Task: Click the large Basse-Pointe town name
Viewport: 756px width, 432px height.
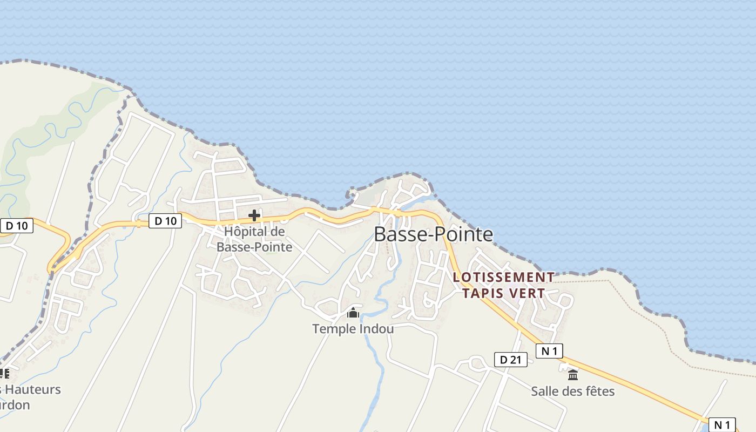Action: click(x=433, y=234)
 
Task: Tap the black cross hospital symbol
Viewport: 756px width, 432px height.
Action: click(x=254, y=216)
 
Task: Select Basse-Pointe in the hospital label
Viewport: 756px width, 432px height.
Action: click(x=254, y=247)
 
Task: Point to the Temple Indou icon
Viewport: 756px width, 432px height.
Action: click(x=353, y=313)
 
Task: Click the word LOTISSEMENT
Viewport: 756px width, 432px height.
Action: click(x=503, y=277)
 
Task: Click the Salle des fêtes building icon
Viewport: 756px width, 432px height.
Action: click(x=573, y=375)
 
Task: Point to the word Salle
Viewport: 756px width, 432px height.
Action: click(x=545, y=391)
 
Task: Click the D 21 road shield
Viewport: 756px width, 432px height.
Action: click(x=510, y=360)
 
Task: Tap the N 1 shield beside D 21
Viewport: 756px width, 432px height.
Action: click(x=549, y=351)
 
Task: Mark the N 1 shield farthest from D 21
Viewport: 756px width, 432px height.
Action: click(x=722, y=424)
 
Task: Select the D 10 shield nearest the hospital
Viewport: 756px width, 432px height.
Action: click(x=165, y=220)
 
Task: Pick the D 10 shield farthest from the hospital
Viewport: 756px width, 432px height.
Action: click(x=16, y=226)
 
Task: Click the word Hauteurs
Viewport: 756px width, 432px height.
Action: click(x=36, y=389)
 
